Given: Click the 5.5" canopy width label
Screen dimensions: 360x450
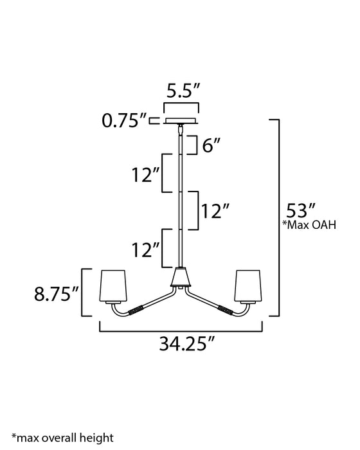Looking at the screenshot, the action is (x=183, y=91).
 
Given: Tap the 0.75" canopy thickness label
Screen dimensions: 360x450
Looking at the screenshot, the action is (x=124, y=121).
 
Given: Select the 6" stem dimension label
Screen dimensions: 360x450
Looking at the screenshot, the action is (x=212, y=145).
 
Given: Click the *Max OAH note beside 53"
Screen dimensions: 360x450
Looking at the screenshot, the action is (x=309, y=225).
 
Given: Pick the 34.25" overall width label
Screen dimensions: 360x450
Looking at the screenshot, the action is (x=187, y=343).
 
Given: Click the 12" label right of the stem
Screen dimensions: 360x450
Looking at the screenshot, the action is (x=215, y=211).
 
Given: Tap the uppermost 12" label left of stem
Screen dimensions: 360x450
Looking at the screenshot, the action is (x=145, y=174).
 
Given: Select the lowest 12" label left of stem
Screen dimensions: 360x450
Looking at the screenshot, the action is (x=145, y=249).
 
